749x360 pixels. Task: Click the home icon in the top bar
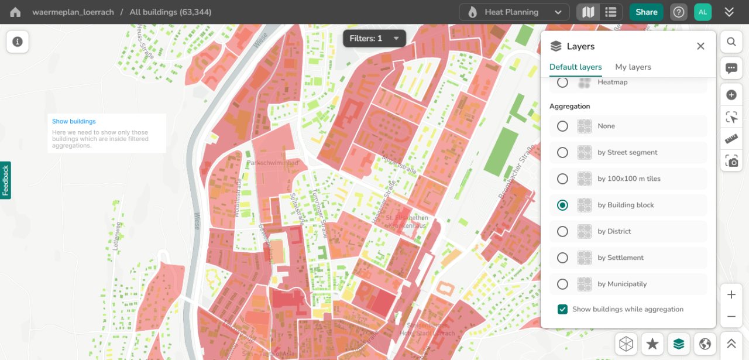[15, 12]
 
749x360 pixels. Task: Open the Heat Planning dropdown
[514, 12]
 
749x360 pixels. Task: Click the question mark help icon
[678, 12]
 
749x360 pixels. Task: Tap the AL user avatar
[702, 12]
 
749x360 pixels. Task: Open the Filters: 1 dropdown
[374, 39]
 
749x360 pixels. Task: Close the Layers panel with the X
[700, 46]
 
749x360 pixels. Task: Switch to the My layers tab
[633, 67]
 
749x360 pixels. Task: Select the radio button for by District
[562, 231]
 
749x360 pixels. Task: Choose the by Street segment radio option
[562, 152]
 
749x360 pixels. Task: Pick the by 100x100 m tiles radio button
[562, 179]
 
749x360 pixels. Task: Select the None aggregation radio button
[562, 126]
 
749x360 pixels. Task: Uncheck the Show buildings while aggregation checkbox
[562, 309]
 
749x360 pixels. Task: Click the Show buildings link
[74, 122]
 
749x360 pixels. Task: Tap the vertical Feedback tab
[5, 180]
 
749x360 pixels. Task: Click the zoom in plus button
[731, 295]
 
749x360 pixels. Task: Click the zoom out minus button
[731, 317]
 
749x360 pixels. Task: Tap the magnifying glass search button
[731, 42]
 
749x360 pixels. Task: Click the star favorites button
[652, 344]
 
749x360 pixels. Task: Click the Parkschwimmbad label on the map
[273, 163]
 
